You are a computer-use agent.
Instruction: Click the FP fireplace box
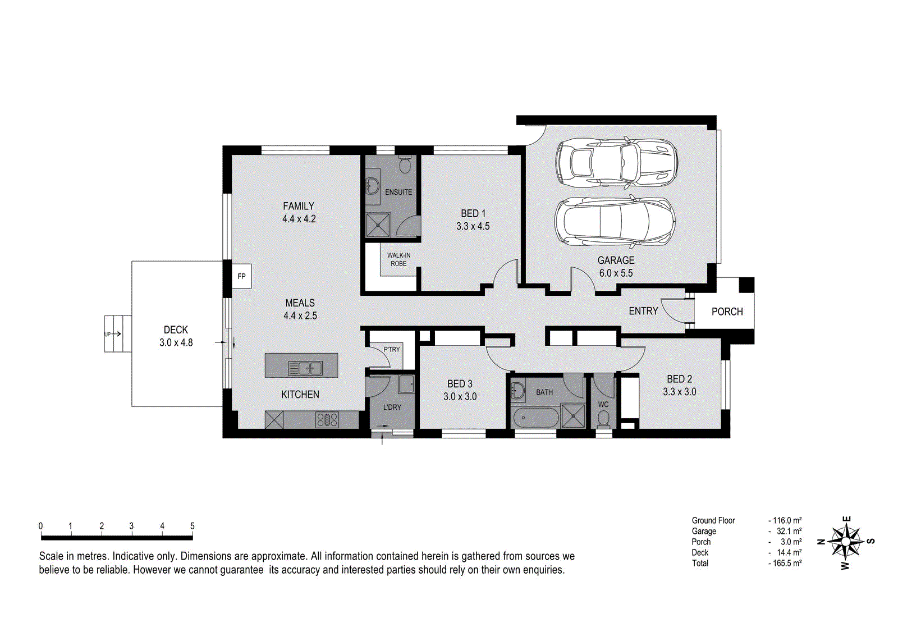[x=242, y=276]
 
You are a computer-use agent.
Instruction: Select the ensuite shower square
[x=378, y=225]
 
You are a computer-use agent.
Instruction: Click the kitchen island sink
[x=305, y=368]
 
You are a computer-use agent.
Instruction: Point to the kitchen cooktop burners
[x=327, y=420]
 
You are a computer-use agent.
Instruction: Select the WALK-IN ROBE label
[x=398, y=259]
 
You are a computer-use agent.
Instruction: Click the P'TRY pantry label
[x=392, y=349]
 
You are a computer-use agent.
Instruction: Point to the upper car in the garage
[x=616, y=162]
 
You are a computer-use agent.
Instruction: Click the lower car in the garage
[x=615, y=222]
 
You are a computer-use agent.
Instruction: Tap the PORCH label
[x=727, y=312]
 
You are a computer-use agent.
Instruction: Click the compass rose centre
[x=845, y=542]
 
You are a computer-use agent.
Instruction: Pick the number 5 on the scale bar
[x=193, y=525]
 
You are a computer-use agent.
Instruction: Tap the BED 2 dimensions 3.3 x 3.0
[x=680, y=392]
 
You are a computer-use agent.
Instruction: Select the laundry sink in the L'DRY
[x=406, y=384]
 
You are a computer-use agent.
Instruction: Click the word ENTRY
[x=643, y=311]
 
